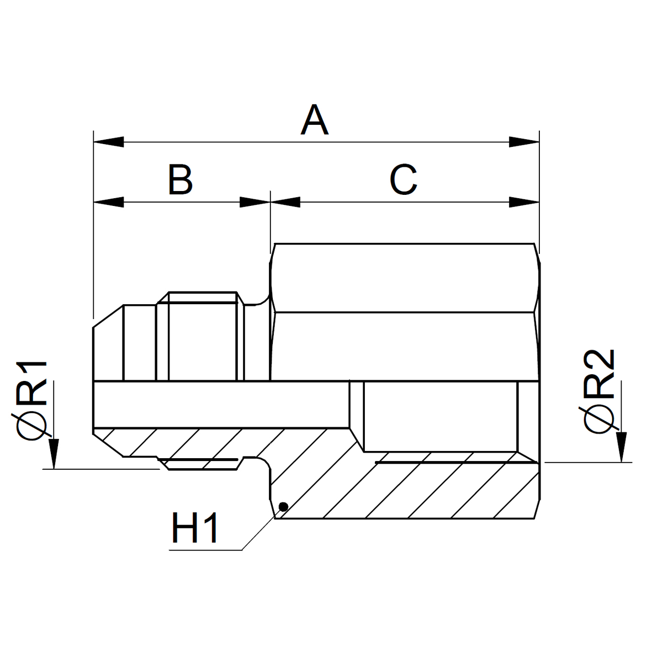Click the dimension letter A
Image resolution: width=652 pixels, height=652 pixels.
point(315,120)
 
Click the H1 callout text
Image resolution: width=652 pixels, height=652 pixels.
point(194,528)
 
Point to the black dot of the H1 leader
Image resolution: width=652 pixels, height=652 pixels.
point(283,506)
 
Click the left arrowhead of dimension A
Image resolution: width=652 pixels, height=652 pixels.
point(109,142)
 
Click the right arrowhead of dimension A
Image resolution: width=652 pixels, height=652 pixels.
point(524,142)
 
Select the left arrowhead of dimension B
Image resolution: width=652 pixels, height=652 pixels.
point(109,202)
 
